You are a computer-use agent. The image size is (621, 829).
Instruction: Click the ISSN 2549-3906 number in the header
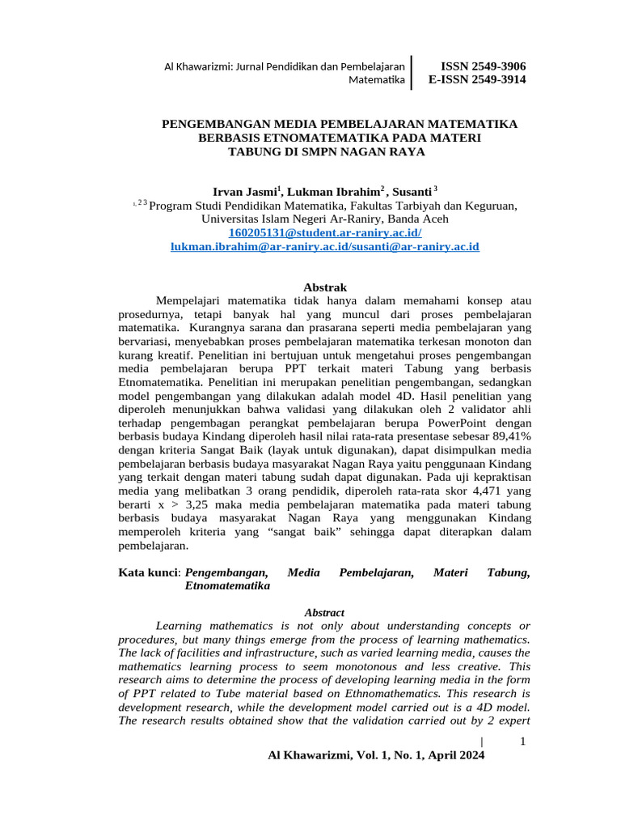click(x=483, y=66)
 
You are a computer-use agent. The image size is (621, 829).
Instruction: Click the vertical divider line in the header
click(x=412, y=72)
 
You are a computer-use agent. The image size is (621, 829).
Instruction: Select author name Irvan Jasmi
click(x=245, y=192)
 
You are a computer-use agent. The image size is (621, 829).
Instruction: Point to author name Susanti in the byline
click(x=412, y=192)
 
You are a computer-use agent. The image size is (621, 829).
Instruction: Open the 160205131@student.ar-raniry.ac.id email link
click(x=325, y=232)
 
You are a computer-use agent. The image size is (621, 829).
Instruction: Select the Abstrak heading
click(x=324, y=287)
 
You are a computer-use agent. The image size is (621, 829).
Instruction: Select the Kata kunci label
click(x=150, y=573)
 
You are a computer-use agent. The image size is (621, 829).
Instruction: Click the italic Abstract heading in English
click(x=324, y=613)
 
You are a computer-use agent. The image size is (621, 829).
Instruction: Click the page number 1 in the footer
click(x=522, y=742)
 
